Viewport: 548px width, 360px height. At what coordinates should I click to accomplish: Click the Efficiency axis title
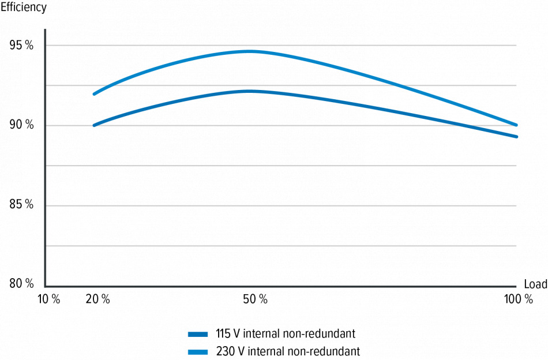tap(24, 8)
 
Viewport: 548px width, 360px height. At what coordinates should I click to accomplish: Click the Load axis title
tap(535, 284)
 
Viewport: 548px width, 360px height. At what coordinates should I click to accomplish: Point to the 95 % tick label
tap(21, 46)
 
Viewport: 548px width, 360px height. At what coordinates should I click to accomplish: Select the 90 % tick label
tap(21, 126)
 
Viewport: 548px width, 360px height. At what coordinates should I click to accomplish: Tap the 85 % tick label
tap(21, 205)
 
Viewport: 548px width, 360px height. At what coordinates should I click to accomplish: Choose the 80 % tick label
tap(21, 284)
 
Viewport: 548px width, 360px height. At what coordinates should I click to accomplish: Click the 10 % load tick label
tap(48, 299)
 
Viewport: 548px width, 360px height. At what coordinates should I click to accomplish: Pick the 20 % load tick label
tap(98, 299)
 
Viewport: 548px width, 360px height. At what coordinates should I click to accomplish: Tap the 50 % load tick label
tap(255, 299)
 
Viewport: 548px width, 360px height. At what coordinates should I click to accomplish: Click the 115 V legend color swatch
tap(198, 333)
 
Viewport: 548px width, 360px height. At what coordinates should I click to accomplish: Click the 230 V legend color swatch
tap(198, 351)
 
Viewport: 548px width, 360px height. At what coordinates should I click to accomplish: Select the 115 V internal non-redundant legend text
tap(286, 333)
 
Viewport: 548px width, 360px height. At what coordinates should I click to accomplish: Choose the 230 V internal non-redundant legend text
tap(288, 351)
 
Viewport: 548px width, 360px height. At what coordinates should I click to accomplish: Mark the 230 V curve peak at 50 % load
tap(250, 51)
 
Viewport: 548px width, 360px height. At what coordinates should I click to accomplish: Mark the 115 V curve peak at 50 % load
tap(250, 91)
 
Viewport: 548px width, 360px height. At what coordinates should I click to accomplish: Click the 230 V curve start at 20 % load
tap(94, 93)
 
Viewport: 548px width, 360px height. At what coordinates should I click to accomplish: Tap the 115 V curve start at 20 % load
tap(94, 125)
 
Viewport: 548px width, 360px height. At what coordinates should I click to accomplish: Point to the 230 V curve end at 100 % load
tap(516, 125)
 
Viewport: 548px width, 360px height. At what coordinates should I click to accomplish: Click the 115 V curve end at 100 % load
tap(516, 137)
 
